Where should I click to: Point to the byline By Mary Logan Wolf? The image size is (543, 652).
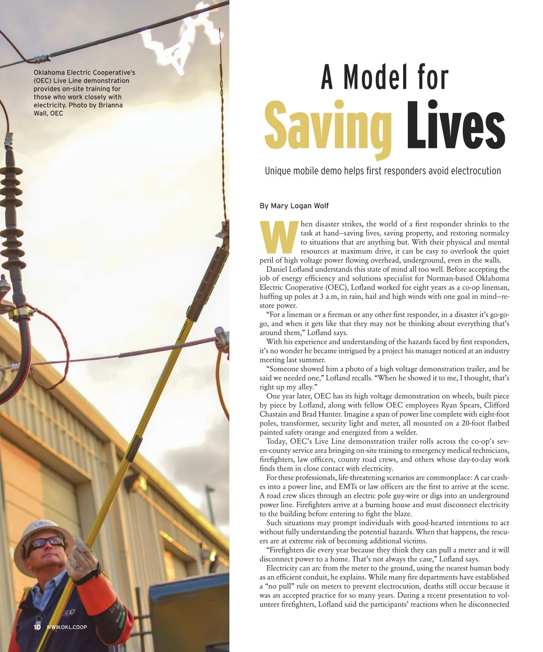click(294, 206)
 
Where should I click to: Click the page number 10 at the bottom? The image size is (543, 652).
click(37, 627)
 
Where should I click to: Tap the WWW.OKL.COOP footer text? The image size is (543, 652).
click(67, 627)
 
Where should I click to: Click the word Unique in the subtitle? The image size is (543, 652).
click(277, 171)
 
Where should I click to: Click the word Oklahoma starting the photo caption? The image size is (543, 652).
click(49, 72)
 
